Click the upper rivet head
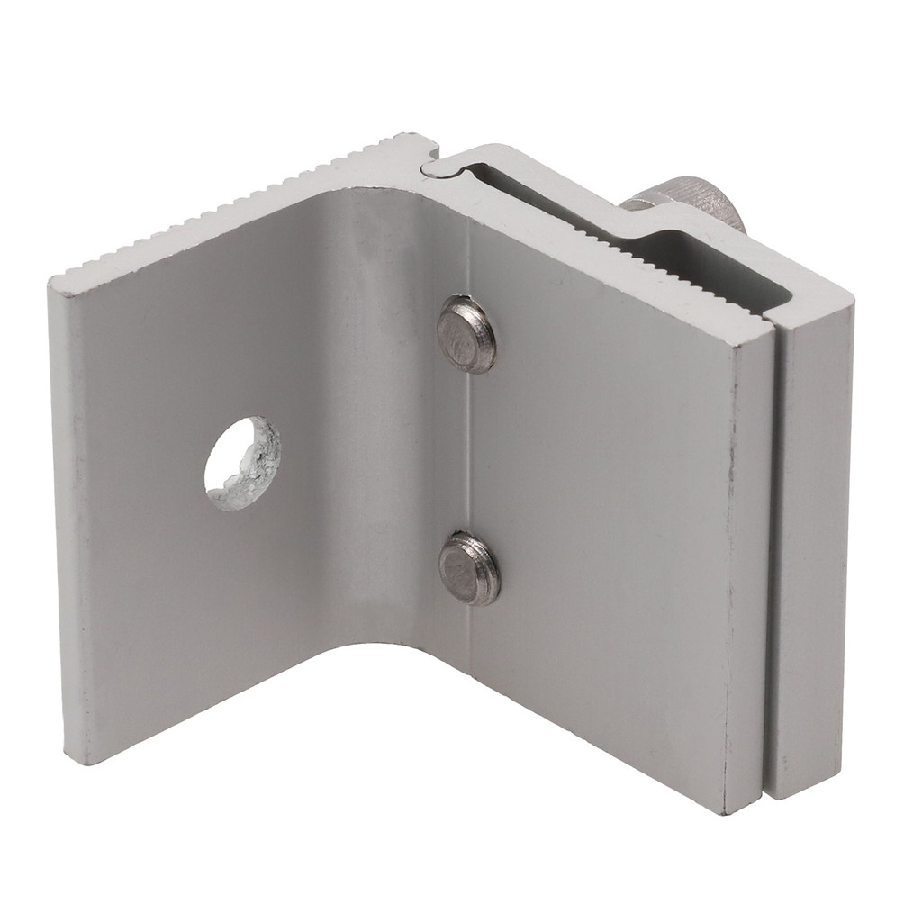466,334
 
